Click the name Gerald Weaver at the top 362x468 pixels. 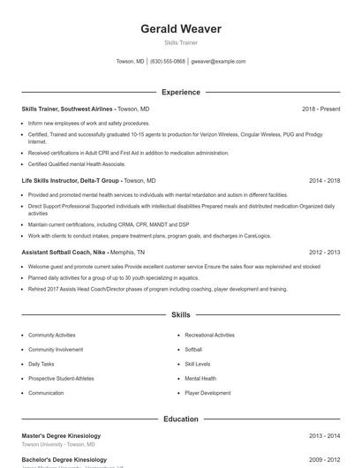(x=181, y=29)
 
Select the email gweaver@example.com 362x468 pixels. (x=218, y=62)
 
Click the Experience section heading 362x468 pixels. (x=181, y=92)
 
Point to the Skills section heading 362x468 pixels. (x=181, y=314)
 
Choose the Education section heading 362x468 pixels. (x=181, y=419)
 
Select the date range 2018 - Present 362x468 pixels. (x=321, y=109)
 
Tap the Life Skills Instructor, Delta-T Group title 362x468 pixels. (x=72, y=180)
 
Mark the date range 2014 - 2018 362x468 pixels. (x=324, y=180)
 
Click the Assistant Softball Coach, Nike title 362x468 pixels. (x=71, y=252)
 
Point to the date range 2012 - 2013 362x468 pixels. (x=324, y=252)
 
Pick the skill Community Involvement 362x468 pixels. (x=55, y=350)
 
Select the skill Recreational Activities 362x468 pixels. (x=209, y=336)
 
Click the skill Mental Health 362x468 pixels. (x=200, y=378)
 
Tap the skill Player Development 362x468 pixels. (x=207, y=393)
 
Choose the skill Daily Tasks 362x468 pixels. (x=41, y=364)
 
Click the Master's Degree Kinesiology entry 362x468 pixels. (x=61, y=435)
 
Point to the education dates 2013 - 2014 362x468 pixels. (x=324, y=435)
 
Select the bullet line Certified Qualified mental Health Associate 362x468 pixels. (x=77, y=163)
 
